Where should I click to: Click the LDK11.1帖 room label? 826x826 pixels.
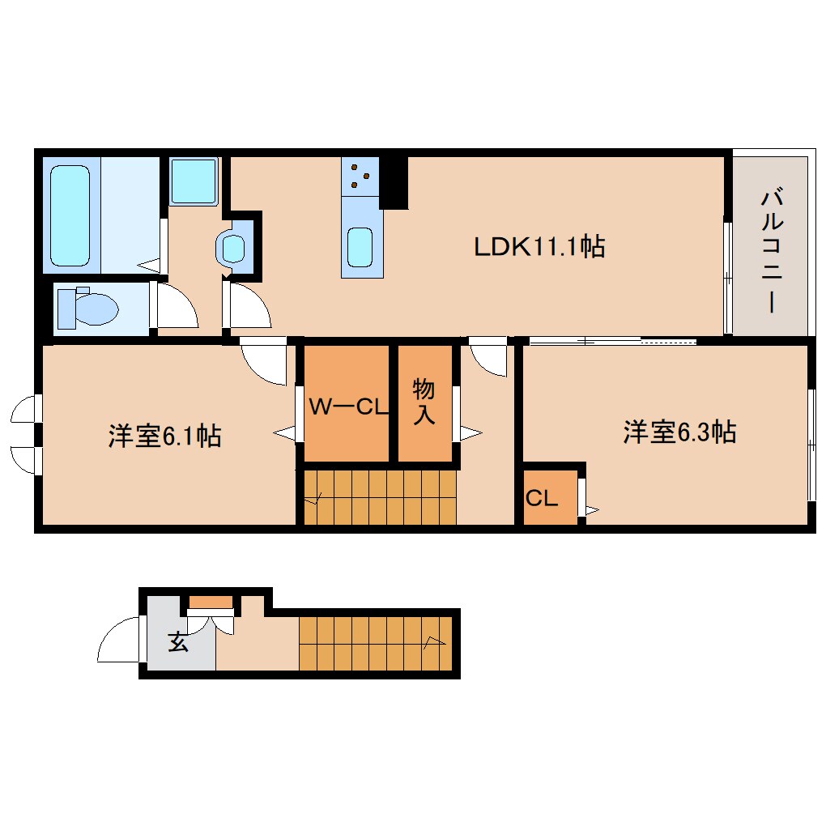coord(539,246)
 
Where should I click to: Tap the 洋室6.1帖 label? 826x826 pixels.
coord(164,436)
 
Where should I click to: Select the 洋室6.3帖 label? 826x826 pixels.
coord(679,432)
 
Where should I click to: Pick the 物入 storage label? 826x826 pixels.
coord(424,402)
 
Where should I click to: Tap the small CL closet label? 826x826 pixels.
coord(541,499)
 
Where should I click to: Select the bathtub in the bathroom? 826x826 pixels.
coord(70,215)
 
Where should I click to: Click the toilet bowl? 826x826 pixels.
coord(89,309)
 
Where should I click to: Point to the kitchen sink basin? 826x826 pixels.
coord(360,246)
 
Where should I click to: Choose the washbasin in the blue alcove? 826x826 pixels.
coord(234,248)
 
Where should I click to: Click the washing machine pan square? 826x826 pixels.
coord(194,181)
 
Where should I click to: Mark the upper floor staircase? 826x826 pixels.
coord(379,498)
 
